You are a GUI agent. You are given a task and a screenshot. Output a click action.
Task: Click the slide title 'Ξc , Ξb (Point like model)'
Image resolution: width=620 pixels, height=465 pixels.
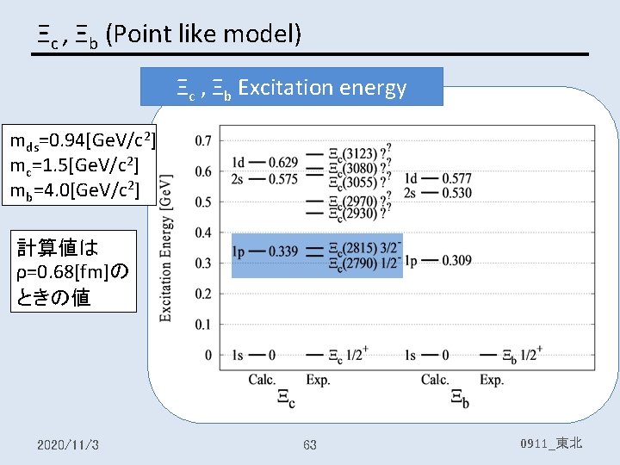pyautogui.click(x=169, y=34)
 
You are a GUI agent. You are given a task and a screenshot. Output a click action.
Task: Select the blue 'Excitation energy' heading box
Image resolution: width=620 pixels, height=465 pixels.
pyautogui.click(x=292, y=87)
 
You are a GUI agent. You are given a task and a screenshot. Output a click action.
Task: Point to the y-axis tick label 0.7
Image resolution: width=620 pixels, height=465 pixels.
pyautogui.click(x=203, y=139)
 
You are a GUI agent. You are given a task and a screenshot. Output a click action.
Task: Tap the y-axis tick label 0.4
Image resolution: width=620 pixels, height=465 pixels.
pyautogui.click(x=203, y=232)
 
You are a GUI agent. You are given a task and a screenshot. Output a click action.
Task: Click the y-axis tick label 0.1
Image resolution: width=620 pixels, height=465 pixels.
pyautogui.click(x=203, y=325)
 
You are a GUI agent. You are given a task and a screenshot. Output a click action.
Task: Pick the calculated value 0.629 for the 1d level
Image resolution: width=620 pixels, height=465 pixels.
pyautogui.click(x=282, y=162)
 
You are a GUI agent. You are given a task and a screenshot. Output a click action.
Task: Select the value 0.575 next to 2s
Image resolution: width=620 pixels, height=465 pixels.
pyautogui.click(x=282, y=178)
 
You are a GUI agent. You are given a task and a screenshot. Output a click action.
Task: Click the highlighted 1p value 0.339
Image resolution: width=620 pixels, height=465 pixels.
pyautogui.click(x=282, y=251)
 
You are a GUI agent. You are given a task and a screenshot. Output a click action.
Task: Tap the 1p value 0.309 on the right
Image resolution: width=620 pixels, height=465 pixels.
pyautogui.click(x=456, y=260)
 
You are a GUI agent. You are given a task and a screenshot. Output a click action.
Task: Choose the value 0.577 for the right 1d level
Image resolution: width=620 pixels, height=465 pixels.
pyautogui.click(x=456, y=177)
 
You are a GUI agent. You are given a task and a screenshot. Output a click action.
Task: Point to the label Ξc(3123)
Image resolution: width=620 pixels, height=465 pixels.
pyautogui.click(x=360, y=153)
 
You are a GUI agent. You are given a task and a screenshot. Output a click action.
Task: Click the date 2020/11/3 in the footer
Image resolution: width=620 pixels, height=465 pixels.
pyautogui.click(x=68, y=444)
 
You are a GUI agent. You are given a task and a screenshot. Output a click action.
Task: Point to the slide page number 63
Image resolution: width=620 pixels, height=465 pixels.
pyautogui.click(x=310, y=444)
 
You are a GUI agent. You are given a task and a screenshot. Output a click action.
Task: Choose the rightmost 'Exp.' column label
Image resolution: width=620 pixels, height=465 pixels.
pyautogui.click(x=492, y=380)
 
